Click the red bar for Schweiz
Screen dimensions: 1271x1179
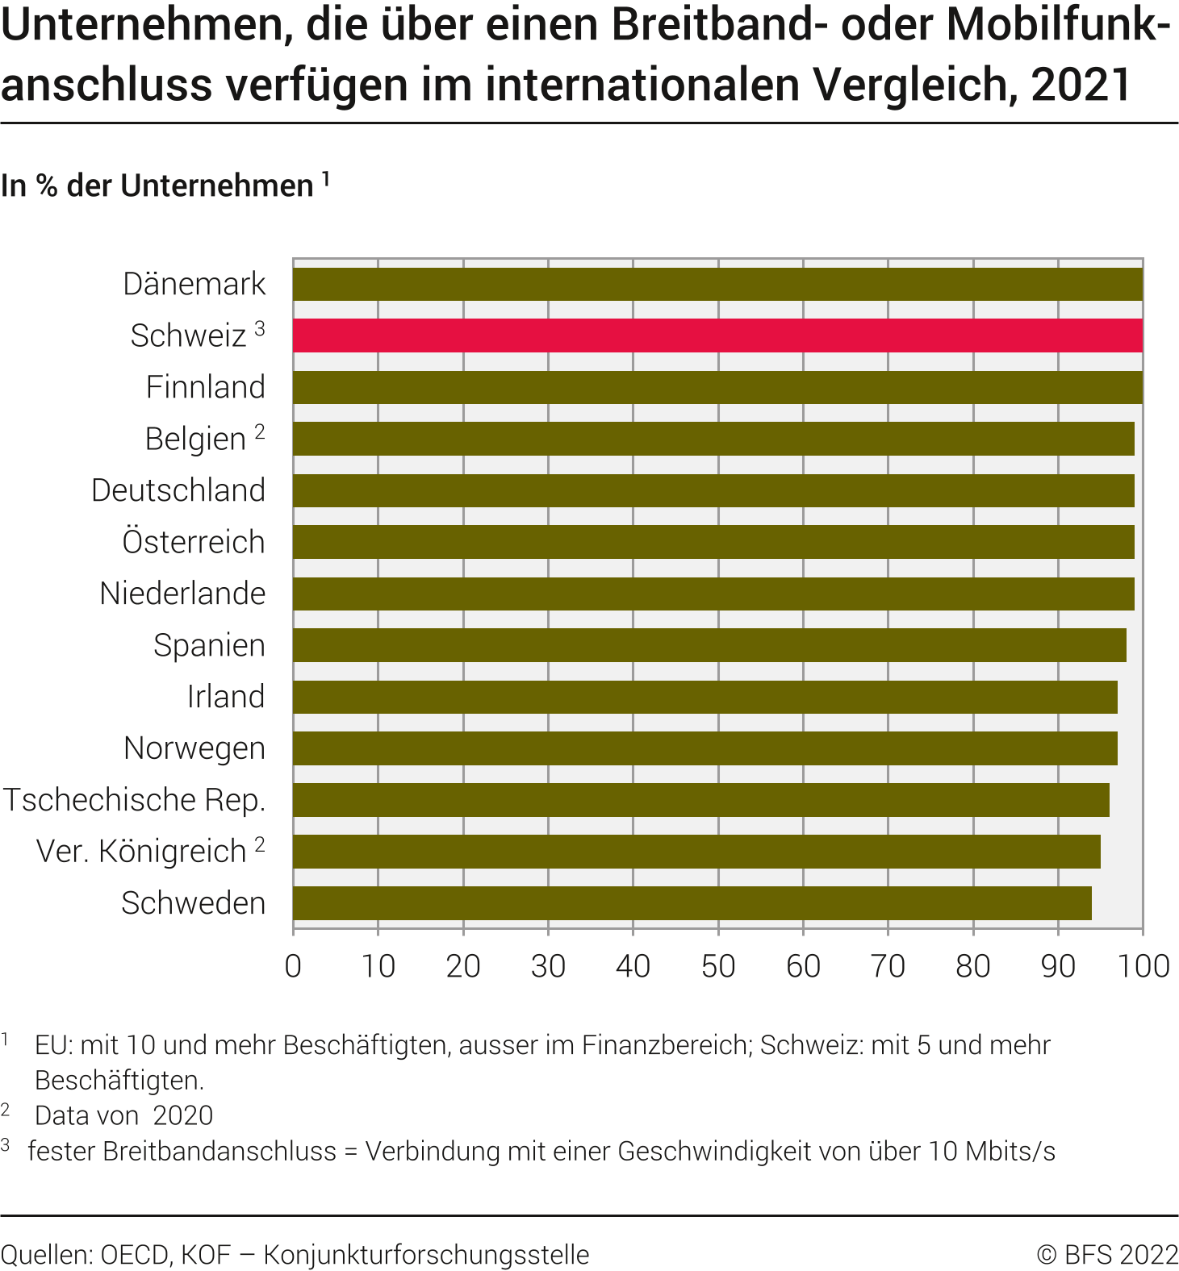tap(717, 335)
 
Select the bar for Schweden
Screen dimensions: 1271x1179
tap(692, 903)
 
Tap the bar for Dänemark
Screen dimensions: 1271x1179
tap(717, 284)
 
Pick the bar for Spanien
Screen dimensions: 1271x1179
tap(709, 645)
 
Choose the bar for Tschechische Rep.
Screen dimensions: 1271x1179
tap(701, 800)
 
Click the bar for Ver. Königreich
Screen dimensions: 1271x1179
tap(696, 852)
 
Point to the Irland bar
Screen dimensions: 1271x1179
tap(705, 697)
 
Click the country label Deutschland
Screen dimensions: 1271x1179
tap(178, 490)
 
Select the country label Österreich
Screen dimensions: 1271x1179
tap(194, 542)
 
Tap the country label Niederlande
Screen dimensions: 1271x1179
tap(182, 594)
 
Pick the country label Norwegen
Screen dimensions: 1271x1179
tap(194, 748)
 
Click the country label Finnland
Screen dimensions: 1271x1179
tap(205, 387)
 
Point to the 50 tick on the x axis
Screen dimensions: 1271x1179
tap(718, 966)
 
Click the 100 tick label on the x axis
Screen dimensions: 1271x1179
tap(1143, 966)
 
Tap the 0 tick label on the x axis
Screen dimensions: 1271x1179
tap(293, 966)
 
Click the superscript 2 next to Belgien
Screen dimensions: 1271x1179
tap(260, 432)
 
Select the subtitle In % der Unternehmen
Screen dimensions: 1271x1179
tap(157, 185)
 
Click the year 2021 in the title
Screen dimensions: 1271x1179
tap(1081, 85)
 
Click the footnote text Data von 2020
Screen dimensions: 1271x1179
tap(123, 1115)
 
